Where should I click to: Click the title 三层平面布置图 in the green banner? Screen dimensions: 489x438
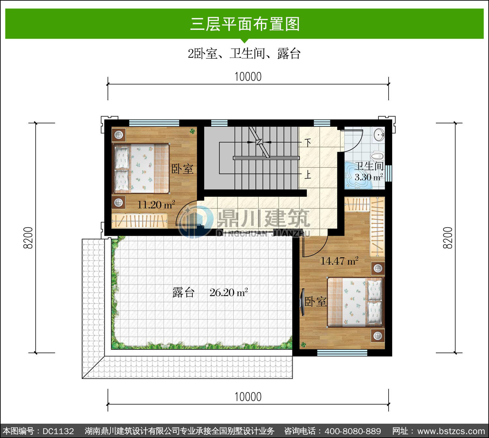tap(245, 24)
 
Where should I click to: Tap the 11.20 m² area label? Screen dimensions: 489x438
tap(156, 205)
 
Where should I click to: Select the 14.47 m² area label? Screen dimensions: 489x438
tap(339, 261)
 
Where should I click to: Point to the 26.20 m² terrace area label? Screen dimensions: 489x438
tap(229, 292)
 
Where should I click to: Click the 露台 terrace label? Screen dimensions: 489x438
tap(184, 292)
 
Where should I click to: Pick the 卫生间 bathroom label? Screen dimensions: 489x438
tap(369, 166)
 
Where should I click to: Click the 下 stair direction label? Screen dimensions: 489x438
tap(308, 143)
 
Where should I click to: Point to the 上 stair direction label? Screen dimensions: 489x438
tap(308, 175)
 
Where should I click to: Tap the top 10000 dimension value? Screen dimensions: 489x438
tap(248, 77)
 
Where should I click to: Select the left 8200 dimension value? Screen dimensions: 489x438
tap(28, 238)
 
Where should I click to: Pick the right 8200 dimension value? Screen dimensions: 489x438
tap(448, 238)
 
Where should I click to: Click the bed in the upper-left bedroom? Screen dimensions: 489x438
tap(141, 168)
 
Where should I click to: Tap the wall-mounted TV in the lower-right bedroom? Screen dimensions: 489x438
tap(302, 302)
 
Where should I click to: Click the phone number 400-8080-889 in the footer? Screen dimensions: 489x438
tap(353, 431)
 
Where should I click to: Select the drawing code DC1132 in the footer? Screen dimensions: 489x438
tap(58, 431)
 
